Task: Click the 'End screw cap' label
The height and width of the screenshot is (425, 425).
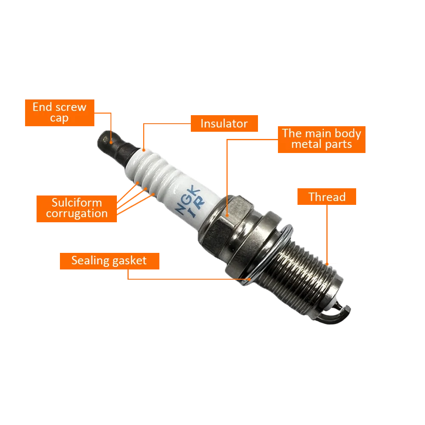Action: [x=59, y=113]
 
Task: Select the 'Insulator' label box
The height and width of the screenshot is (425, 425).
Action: [x=224, y=124]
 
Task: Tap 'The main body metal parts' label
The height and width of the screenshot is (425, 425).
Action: [x=321, y=139]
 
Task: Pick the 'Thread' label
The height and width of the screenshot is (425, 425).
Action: [x=326, y=197]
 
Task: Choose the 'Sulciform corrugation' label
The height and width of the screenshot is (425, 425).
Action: [x=76, y=208]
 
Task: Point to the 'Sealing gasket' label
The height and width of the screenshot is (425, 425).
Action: [x=109, y=261]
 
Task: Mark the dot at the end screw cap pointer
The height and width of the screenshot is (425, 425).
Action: [x=111, y=143]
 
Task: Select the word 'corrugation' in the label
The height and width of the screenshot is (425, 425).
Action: [x=76, y=213]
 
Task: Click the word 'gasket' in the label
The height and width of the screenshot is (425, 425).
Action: [x=128, y=261]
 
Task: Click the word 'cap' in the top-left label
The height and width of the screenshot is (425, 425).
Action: [x=59, y=118]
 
